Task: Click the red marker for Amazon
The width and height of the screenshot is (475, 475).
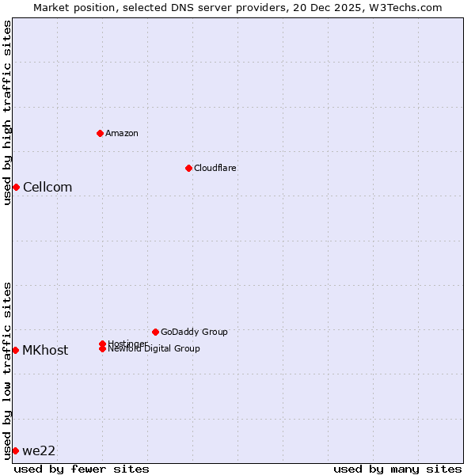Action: (x=101, y=133)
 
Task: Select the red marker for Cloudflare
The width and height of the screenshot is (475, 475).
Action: (x=188, y=168)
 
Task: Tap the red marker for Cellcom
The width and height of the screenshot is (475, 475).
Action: (x=16, y=187)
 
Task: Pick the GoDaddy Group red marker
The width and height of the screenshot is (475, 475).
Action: (x=155, y=332)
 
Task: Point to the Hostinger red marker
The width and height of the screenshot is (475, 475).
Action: (x=103, y=344)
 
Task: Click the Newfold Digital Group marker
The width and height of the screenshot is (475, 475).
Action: (x=103, y=348)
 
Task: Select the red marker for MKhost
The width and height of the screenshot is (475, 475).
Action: (x=15, y=350)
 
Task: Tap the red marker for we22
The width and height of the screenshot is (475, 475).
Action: (x=15, y=450)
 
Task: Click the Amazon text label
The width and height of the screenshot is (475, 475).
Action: (x=122, y=133)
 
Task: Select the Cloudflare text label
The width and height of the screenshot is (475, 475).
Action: (x=215, y=168)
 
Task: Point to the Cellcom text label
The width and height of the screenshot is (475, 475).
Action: (x=47, y=188)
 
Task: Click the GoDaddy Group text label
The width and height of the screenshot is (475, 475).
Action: (x=194, y=332)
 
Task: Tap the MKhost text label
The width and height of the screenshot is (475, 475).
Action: (x=45, y=351)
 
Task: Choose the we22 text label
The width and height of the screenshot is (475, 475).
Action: (x=39, y=451)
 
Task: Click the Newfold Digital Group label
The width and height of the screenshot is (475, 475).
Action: (x=154, y=349)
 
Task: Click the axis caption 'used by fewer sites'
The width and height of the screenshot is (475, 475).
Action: (x=82, y=469)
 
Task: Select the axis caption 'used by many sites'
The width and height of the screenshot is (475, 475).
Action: (x=397, y=469)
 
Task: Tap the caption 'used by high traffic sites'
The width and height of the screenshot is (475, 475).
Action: (x=7, y=112)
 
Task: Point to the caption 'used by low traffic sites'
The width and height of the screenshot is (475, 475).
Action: (x=7, y=370)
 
